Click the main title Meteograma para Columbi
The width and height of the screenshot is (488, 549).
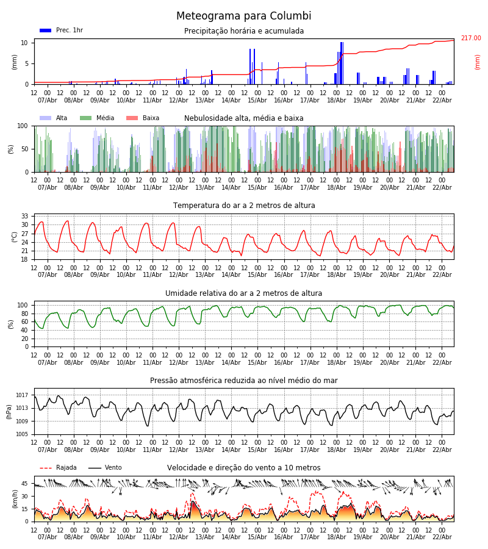click(243, 16)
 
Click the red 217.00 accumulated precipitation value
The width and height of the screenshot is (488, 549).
click(470, 38)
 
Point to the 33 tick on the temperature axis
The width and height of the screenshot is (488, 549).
click(25, 216)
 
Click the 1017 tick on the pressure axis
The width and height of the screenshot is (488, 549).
click(23, 395)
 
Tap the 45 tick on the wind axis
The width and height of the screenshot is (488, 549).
click(25, 484)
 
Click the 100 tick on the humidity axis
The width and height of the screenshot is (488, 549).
click(23, 305)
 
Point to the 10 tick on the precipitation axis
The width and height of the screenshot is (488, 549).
click(25, 43)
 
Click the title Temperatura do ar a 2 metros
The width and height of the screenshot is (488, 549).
click(244, 206)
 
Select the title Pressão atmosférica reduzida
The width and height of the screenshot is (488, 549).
click(244, 381)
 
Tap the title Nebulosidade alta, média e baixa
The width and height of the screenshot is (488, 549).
click(244, 118)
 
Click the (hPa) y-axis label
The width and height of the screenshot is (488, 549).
click(10, 411)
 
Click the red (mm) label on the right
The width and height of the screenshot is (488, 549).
click(478, 62)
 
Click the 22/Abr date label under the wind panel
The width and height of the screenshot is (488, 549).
click(442, 537)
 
